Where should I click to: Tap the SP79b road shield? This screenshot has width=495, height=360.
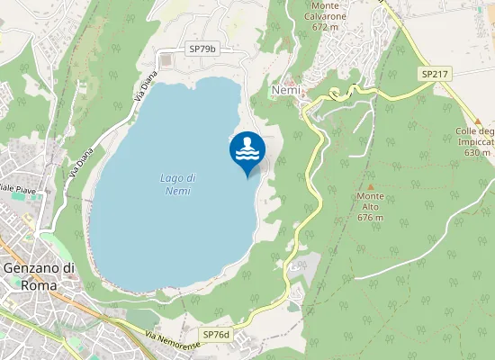202,49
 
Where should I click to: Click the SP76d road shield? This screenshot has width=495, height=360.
216,335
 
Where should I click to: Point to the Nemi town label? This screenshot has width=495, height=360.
283,90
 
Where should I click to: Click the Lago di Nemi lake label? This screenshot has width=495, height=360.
177,184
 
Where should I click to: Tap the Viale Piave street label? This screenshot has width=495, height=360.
16,189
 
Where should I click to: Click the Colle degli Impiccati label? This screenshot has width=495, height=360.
475,136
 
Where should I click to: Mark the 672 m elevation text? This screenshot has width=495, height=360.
330,27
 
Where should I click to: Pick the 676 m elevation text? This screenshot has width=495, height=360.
370,217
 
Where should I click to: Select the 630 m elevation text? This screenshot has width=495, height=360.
477,152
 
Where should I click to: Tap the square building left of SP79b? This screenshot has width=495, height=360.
167,59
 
